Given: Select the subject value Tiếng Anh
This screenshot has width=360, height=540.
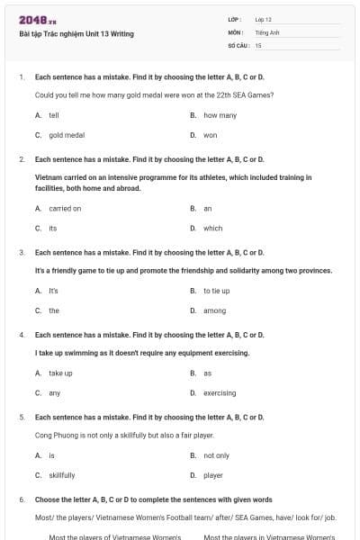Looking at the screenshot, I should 265,31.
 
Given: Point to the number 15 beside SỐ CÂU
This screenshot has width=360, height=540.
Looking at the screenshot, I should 258,44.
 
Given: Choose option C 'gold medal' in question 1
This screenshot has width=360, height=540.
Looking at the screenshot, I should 67,135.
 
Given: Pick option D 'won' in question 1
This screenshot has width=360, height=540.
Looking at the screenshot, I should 211,135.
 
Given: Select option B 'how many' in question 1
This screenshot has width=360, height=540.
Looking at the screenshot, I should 220,115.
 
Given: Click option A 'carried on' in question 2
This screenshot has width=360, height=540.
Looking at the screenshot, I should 65,208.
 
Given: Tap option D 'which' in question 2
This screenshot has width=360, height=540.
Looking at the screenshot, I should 212,228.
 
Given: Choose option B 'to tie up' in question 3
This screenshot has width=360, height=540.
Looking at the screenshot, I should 216,291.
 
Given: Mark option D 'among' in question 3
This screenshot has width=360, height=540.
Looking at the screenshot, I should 214,310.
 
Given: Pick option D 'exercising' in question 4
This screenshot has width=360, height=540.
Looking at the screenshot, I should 220,392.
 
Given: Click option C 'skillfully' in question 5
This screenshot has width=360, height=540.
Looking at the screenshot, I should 62,475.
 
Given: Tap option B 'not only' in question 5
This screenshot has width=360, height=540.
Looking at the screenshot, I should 216,455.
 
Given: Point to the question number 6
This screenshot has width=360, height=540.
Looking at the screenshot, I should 22,499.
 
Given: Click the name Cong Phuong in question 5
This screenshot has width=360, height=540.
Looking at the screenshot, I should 54,435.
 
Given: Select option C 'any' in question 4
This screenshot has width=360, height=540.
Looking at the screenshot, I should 55,392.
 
